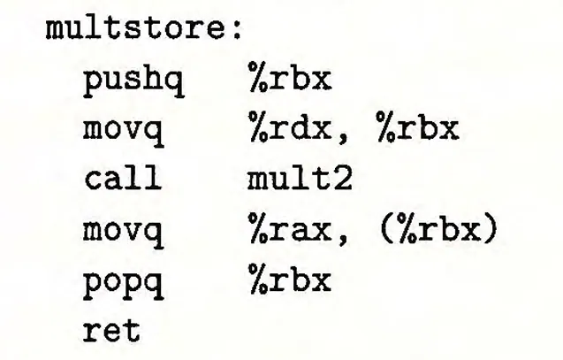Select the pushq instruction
pos(133,81)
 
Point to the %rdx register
pos(289,130)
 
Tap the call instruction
pos(124,180)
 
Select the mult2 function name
pos(299,180)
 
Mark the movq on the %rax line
pos(124,233)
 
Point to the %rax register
pos(289,233)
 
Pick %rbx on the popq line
pos(289,282)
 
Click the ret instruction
pos(112,333)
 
